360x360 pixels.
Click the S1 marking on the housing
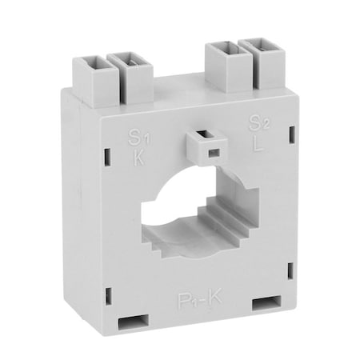[x=138, y=136]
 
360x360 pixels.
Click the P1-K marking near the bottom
[x=200, y=300]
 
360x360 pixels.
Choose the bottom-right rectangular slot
[x=266, y=305]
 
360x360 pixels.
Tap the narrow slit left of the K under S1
[x=106, y=152]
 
